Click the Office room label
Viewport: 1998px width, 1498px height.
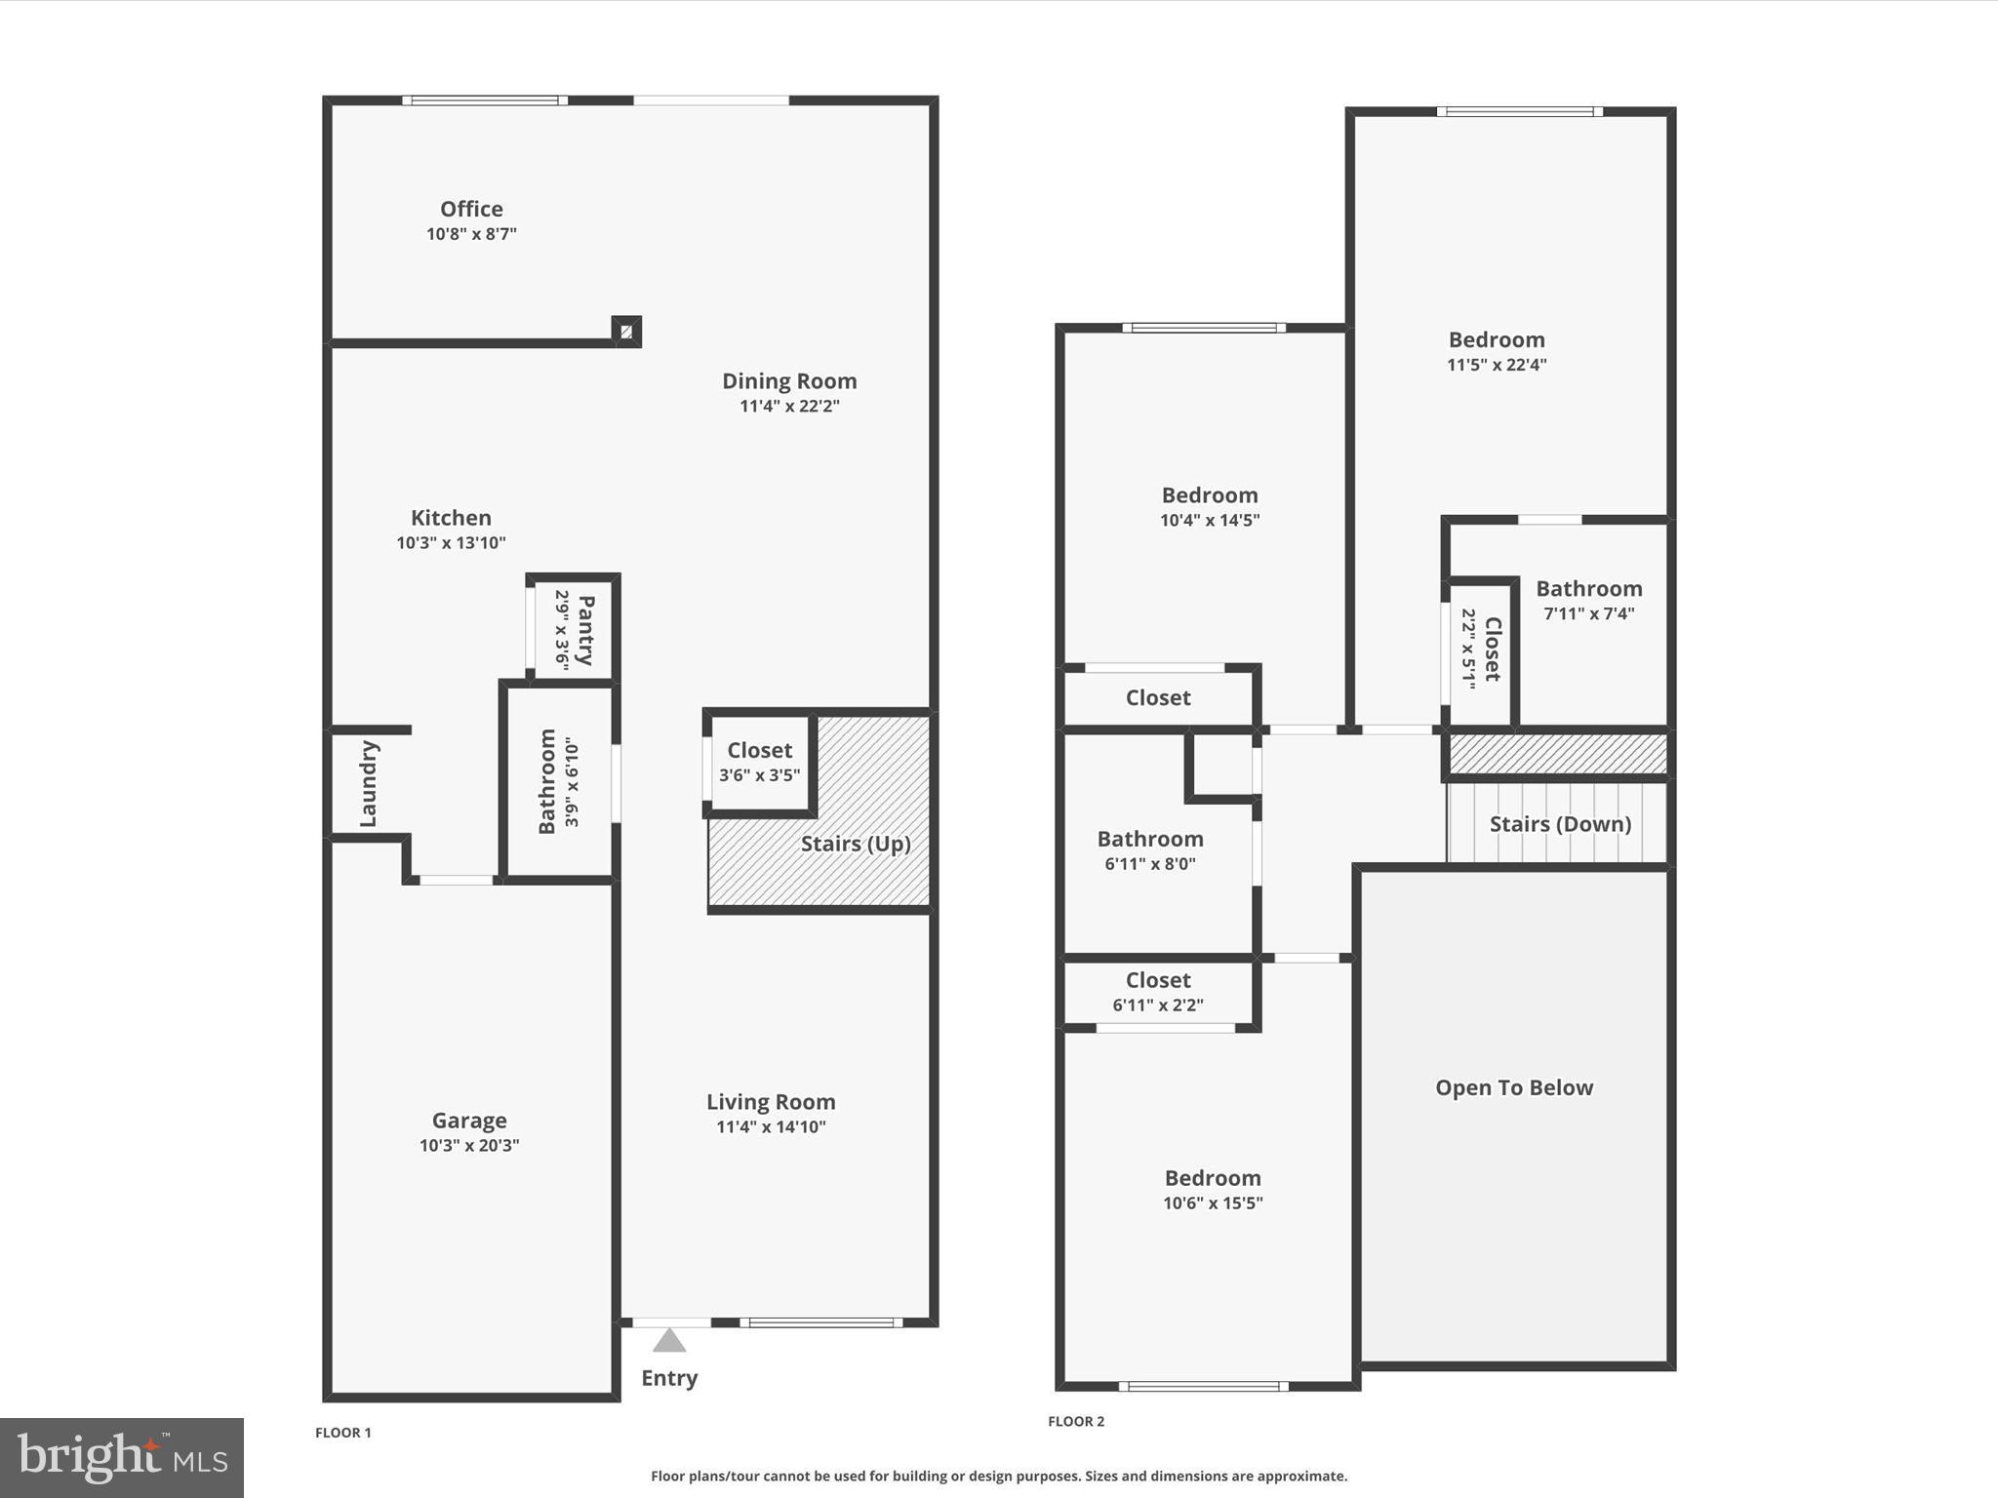pos(471,209)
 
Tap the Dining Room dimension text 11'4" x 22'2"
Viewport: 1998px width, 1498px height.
pos(789,406)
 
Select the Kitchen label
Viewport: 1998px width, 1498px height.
pos(451,518)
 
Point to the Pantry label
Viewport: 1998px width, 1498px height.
pos(585,630)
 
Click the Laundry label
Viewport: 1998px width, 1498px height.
pos(368,783)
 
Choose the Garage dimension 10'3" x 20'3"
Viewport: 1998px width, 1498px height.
pos(469,1145)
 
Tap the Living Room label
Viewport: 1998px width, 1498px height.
pos(771,1102)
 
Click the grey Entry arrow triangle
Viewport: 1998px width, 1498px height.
pos(669,1341)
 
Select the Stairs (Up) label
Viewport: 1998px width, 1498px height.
pos(856,844)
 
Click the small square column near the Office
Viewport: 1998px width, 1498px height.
pos(626,332)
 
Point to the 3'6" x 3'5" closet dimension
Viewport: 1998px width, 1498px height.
pos(759,775)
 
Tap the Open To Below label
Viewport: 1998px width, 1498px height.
pos(1514,1087)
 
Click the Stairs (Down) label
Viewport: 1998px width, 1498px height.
pos(1560,824)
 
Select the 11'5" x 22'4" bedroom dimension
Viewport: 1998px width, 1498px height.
pos(1497,365)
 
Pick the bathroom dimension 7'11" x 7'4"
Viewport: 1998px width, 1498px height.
pos(1589,613)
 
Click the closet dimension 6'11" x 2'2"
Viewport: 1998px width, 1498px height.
pos(1158,1005)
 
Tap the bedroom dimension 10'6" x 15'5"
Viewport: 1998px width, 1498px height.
pos(1213,1202)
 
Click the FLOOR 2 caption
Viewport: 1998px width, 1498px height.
pos(1076,1421)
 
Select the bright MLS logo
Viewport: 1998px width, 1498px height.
pos(122,1457)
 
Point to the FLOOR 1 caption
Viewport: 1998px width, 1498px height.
pos(343,1433)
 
